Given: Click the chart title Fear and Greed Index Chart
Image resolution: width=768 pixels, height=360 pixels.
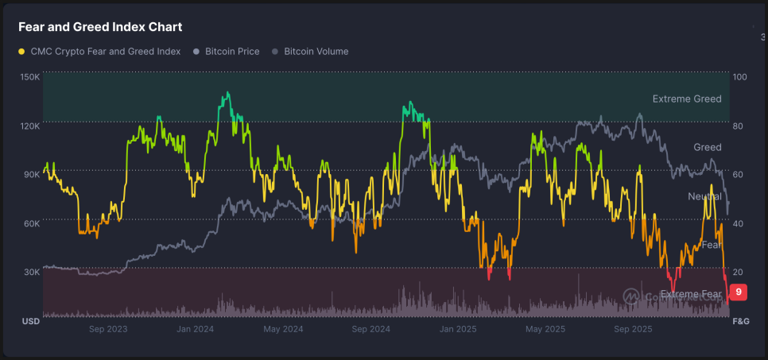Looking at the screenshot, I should tap(100, 27).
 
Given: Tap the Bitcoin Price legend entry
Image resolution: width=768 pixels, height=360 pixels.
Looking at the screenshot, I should tap(232, 52).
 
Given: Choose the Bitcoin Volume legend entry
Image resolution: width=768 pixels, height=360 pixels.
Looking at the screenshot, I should tap(316, 52).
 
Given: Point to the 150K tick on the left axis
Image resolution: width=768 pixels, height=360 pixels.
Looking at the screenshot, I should tap(30, 76).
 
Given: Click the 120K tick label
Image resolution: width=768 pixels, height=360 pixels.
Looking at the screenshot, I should tap(30, 126).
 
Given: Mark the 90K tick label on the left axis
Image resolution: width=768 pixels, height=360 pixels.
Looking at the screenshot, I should tap(30, 174).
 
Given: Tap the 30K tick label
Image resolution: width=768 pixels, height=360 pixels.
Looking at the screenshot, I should tap(30, 272).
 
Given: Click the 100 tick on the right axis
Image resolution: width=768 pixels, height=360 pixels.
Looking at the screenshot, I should tap(739, 77).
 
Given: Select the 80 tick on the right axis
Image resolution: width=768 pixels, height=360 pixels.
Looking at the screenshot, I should tap(739, 126).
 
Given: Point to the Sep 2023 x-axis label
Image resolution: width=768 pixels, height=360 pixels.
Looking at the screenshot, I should tap(108, 328).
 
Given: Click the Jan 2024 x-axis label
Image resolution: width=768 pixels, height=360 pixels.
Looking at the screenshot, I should tap(195, 328).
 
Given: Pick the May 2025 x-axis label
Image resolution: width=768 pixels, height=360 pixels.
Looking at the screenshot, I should tap(545, 328).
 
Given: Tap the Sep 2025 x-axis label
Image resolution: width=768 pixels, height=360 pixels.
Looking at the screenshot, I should tap(633, 328).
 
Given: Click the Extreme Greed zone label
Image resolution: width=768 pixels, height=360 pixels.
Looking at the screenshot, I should tap(687, 99).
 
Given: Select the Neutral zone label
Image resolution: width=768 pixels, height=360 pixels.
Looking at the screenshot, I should tap(704, 196).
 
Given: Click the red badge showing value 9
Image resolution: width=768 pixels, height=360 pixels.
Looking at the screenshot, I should tap(739, 292).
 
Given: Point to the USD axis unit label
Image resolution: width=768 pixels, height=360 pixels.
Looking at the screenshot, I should tap(30, 321).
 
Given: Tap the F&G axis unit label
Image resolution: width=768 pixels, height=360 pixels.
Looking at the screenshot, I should tap(740, 321).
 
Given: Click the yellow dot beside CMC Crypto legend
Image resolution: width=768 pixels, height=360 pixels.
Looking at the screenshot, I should tap(21, 52).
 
